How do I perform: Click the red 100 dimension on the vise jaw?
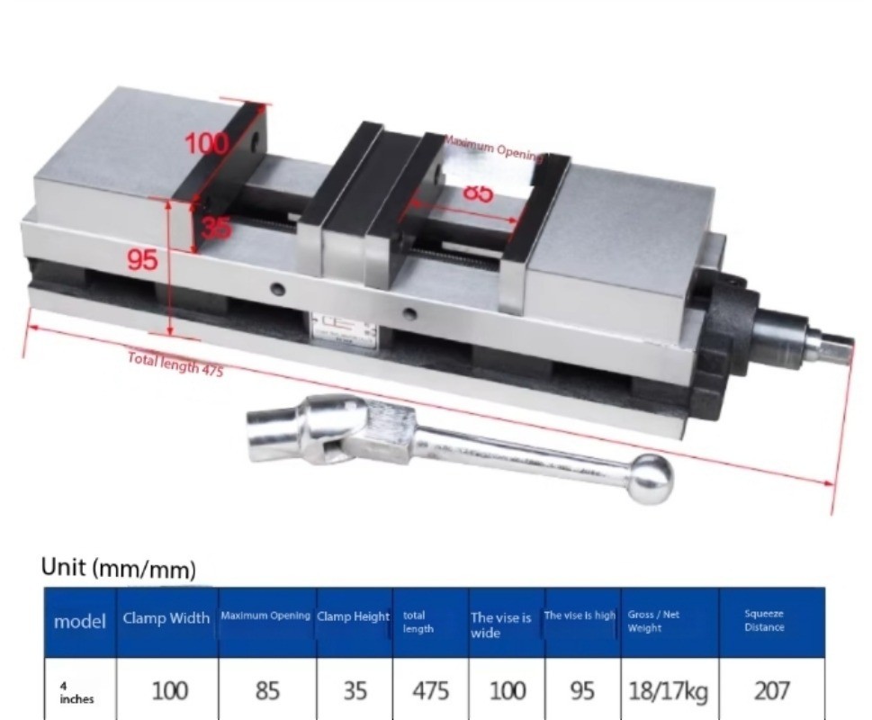click(x=207, y=143)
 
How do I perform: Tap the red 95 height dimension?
click(x=142, y=260)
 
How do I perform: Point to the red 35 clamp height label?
click(x=215, y=228)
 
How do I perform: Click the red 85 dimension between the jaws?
click(x=478, y=193)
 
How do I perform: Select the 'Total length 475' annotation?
click(x=175, y=364)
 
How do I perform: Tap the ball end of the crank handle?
click(x=650, y=478)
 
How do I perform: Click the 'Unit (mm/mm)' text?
click(x=118, y=568)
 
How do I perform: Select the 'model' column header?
click(x=80, y=621)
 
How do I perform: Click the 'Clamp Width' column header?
click(x=166, y=618)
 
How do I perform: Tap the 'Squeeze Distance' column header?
click(x=764, y=621)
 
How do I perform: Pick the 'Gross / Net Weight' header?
click(x=654, y=621)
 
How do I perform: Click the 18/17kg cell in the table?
click(x=669, y=691)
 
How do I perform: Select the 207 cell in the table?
click(x=771, y=691)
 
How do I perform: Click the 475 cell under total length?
click(x=430, y=691)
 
